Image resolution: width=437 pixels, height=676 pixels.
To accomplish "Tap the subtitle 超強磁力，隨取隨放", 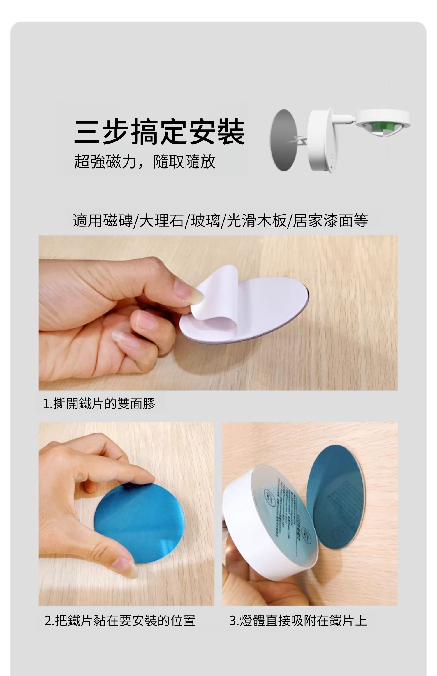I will click(145, 162).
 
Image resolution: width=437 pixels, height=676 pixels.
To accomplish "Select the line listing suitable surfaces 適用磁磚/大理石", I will click(220, 220).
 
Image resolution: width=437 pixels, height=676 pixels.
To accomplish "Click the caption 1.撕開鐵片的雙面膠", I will click(99, 404).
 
